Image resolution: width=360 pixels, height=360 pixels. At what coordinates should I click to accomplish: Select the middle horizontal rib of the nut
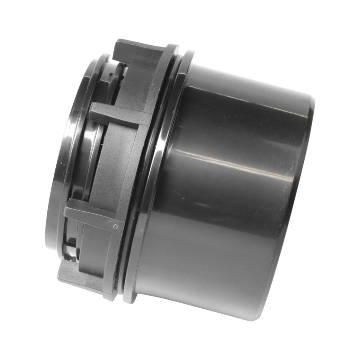[119, 115]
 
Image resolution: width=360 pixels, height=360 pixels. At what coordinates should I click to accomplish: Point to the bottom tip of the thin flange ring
[128, 299]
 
